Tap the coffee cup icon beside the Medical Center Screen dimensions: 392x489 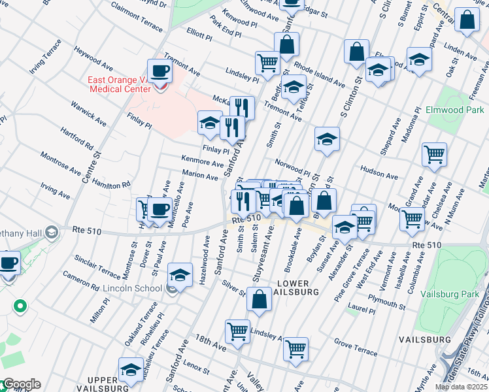coord(160,71)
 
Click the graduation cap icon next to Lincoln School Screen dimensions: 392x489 coord(180,275)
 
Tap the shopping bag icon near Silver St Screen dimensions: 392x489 coord(260,299)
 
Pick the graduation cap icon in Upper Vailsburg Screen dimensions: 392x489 coord(131,369)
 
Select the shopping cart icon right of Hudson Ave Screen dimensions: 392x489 coord(434,154)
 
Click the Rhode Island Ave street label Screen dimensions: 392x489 coord(319,75)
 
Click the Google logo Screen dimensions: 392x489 coord(21,384)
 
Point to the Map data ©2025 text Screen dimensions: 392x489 coord(461,387)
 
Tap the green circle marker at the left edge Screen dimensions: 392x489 coord(20,305)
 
